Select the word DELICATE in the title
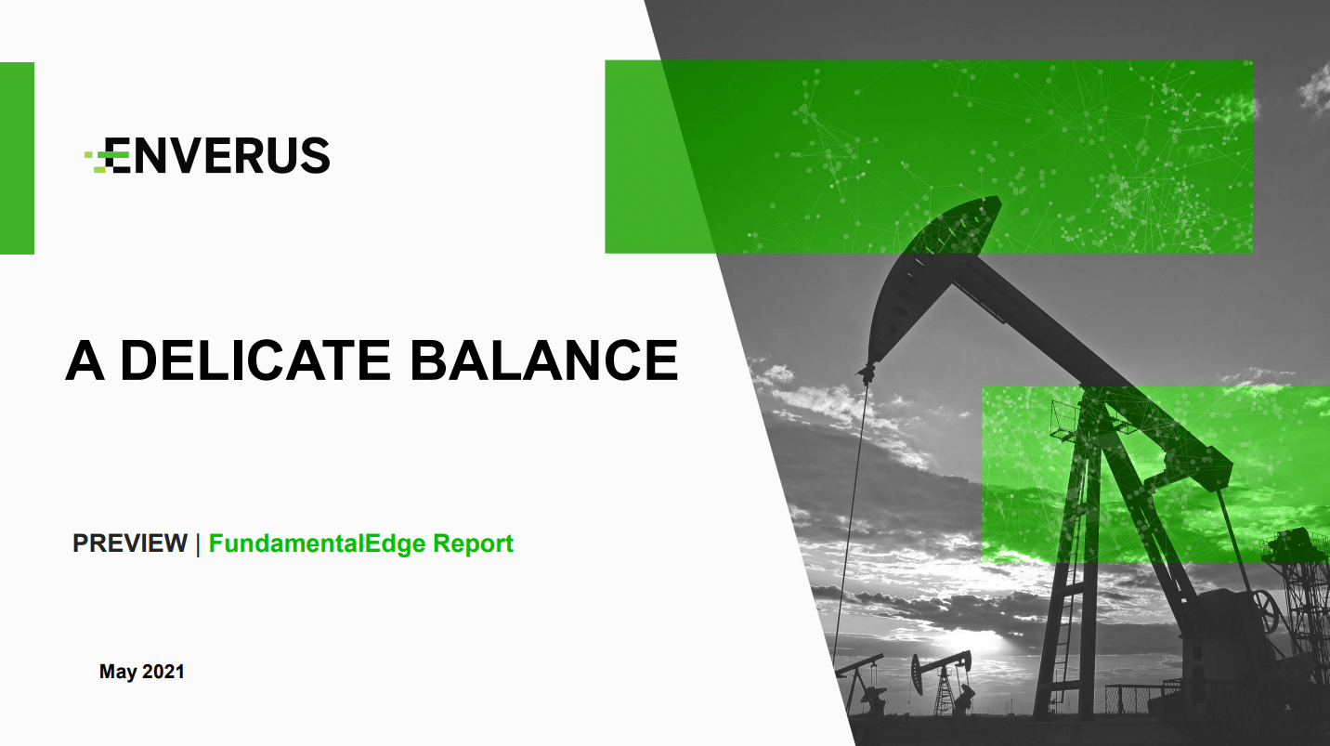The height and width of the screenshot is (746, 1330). [256, 360]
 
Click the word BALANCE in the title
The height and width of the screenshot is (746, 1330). [544, 360]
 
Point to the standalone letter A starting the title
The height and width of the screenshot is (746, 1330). [85, 360]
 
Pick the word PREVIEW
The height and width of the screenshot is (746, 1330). [130, 543]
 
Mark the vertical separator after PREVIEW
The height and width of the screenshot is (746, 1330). [198, 544]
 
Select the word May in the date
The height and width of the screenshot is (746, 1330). [118, 672]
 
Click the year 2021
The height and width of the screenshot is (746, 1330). [163, 671]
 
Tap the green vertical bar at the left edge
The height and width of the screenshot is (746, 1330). [17, 158]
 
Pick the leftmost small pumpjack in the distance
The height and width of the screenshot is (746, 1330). [862, 683]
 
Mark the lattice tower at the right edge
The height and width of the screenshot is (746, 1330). [1300, 606]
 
